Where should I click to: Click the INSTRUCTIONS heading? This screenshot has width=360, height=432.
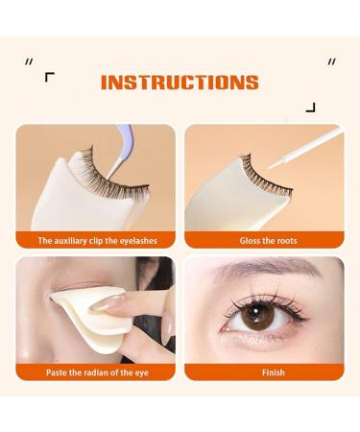180,83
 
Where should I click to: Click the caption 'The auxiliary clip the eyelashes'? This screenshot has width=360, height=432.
98,240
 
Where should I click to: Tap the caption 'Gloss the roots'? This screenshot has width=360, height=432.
265,240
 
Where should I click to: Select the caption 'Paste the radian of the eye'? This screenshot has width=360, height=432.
98,371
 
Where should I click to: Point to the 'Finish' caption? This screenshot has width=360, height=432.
265,371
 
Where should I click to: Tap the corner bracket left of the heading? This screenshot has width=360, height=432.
50,77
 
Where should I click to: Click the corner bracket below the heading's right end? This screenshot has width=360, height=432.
310,108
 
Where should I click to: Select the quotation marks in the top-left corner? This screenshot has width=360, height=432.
30,61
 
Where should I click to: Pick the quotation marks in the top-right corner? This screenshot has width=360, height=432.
331,61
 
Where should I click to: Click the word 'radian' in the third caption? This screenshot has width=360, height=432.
96,371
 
